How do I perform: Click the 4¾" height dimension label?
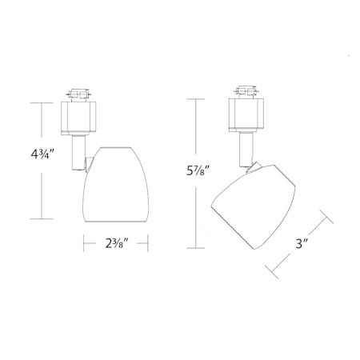point(42,154)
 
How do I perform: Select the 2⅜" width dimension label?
point(117,243)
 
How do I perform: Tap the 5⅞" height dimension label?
point(198,170)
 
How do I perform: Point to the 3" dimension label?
point(302,243)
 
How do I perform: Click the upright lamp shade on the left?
point(116,184)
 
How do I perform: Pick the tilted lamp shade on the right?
point(254,206)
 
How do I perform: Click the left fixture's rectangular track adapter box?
point(78,118)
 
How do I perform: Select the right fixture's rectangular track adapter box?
point(246,114)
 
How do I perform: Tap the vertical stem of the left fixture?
point(78,153)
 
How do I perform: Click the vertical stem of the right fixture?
point(246,150)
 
